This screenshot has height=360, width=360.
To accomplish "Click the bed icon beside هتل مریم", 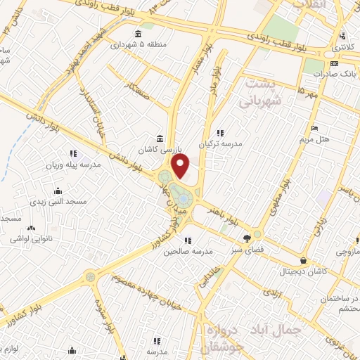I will [x=314, y=127].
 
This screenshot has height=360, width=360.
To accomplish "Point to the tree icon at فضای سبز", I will [x=246, y=238].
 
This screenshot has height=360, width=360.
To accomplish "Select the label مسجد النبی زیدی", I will [x=57, y=202].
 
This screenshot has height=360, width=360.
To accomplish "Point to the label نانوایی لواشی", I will [x=30, y=238].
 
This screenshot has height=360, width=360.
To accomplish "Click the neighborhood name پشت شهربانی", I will [x=264, y=93].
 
